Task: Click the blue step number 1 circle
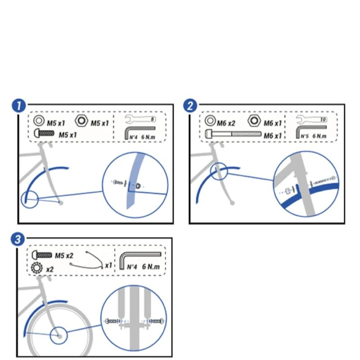[x=18, y=106]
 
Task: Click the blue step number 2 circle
[x=190, y=106]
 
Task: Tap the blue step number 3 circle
[x=18, y=240]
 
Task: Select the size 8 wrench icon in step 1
[x=140, y=119]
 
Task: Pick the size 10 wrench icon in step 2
[x=311, y=119]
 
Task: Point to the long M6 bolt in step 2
[x=233, y=134]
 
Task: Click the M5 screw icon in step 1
[x=44, y=133]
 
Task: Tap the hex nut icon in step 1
[x=81, y=121]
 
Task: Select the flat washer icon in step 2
[x=210, y=120]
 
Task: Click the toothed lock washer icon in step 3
[x=37, y=268]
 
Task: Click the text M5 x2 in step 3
[x=64, y=256]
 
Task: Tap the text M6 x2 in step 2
[x=226, y=123]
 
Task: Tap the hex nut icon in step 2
[x=254, y=120]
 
